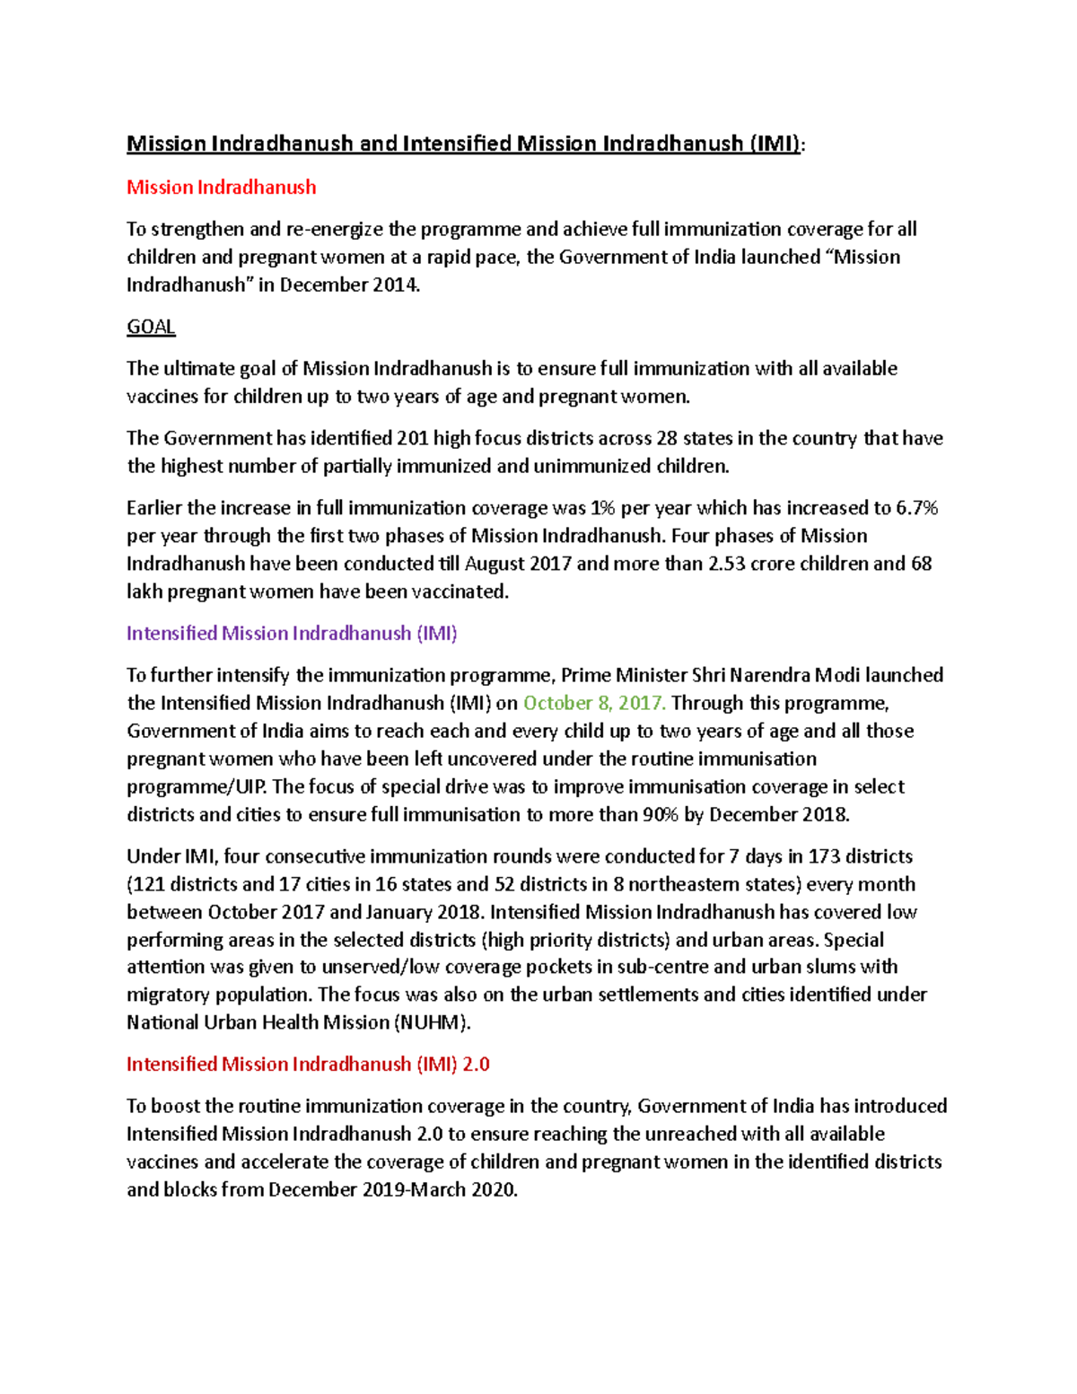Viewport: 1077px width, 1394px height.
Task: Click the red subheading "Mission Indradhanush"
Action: pyautogui.click(x=221, y=187)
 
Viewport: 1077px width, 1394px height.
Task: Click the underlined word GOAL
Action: pyautogui.click(x=151, y=327)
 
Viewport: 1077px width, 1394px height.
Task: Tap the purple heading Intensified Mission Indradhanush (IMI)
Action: pyautogui.click(x=292, y=633)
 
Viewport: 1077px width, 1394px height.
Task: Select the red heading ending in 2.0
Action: pyautogui.click(x=308, y=1064)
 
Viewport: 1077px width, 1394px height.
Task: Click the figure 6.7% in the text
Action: pyautogui.click(x=916, y=508)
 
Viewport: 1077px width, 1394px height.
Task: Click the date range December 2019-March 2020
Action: pyautogui.click(x=393, y=1190)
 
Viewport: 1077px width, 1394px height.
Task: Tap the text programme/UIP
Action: pyautogui.click(x=197, y=787)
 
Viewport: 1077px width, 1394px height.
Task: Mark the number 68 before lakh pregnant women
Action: pyautogui.click(x=921, y=564)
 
